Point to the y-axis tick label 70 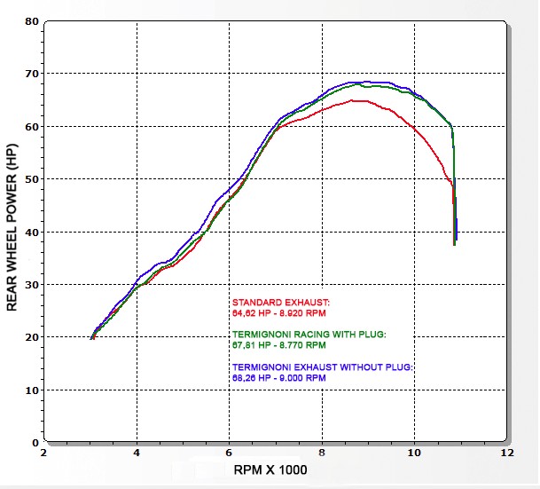[31, 73]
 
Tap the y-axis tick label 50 [31, 178]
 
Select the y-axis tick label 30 [31, 284]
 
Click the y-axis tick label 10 [31, 390]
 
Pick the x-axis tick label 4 [137, 453]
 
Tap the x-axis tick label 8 [322, 453]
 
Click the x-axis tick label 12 [506, 453]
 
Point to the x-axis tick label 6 [230, 453]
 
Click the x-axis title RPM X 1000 [270, 470]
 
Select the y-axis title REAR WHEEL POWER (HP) [12, 230]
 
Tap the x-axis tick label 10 [413, 453]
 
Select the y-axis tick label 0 [35, 442]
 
